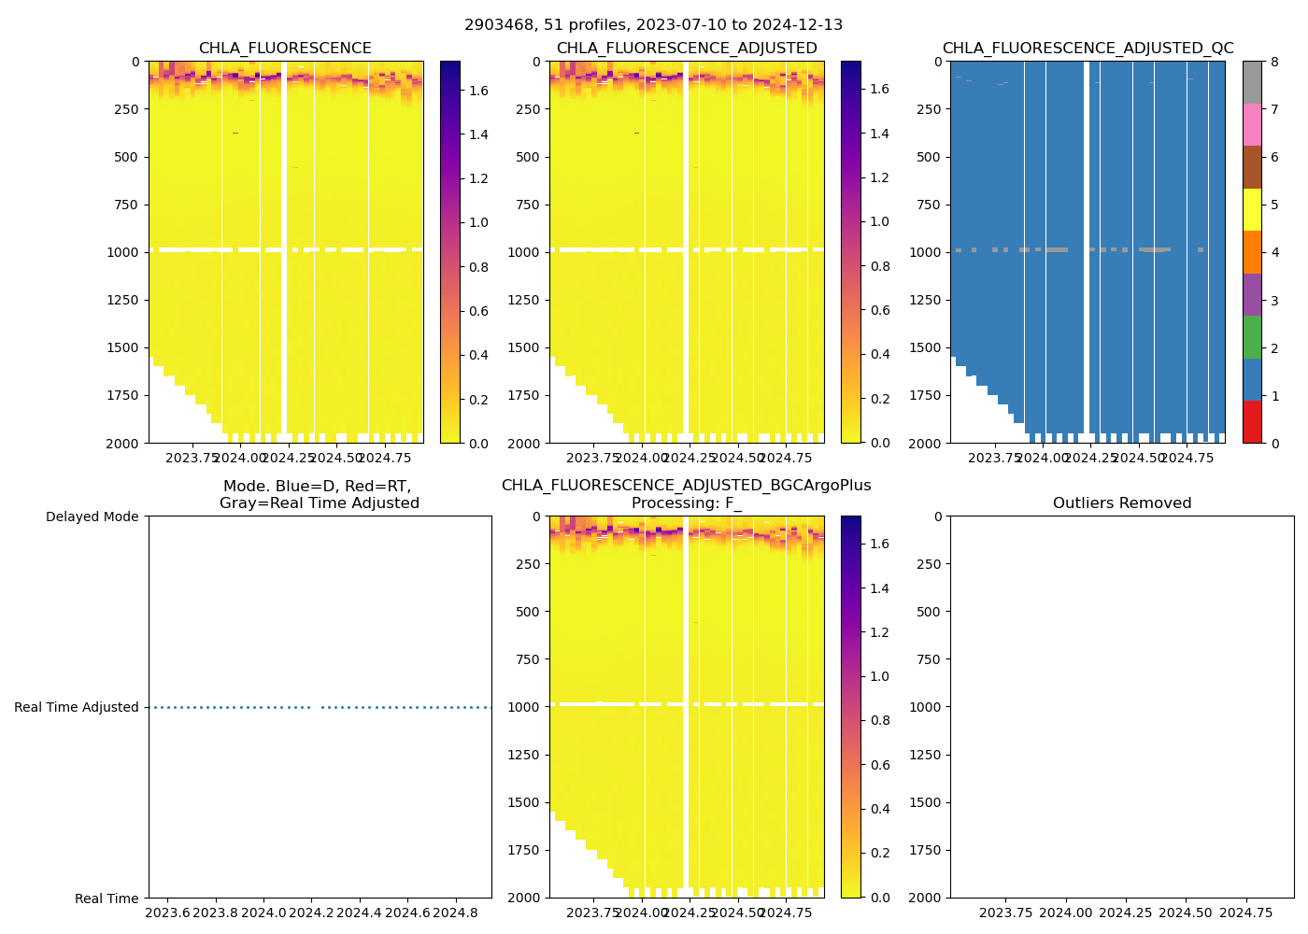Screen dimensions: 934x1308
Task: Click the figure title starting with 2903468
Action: pos(653,25)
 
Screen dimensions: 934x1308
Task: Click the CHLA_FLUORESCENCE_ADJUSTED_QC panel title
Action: pos(1088,49)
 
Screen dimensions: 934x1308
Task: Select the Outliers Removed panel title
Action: pos(1121,503)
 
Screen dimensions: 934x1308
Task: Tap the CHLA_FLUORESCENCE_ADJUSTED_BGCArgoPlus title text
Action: pos(686,486)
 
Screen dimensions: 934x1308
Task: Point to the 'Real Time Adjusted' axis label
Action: pos(77,708)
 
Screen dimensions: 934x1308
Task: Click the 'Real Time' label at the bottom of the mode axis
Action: pos(107,899)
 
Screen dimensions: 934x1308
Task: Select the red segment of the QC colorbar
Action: pos(1252,421)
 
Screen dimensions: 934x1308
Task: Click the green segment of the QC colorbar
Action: pos(1252,336)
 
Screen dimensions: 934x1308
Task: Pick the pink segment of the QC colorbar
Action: pos(1252,124)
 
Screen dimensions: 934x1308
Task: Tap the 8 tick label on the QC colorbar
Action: pos(1274,63)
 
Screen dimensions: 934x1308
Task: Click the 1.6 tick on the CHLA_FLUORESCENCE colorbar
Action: pos(478,91)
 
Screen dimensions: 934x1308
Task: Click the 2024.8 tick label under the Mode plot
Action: pos(456,913)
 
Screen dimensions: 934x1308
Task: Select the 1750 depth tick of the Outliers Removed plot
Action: pos(923,850)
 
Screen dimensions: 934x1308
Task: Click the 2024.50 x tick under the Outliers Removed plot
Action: pos(1186,913)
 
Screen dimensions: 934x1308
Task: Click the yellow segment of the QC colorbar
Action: pos(1252,209)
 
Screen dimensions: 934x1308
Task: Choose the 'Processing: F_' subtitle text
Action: pos(686,503)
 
